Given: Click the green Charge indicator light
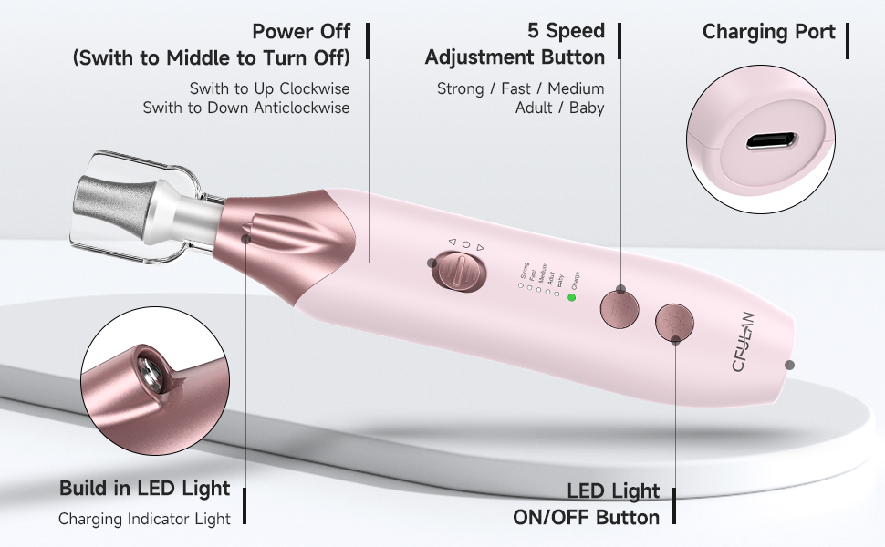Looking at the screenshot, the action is coord(571,297).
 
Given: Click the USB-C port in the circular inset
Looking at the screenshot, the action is coord(771,142).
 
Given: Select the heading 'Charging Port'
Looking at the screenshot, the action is coord(768,33).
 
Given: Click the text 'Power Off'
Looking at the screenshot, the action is coord(301,32).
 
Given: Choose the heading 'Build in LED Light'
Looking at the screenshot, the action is coord(144,489).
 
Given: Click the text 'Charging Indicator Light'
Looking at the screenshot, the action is coord(144,519).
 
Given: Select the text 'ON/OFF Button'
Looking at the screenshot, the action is coord(586,518).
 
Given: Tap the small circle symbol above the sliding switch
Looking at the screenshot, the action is coord(465,244).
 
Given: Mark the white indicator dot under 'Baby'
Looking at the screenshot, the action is coord(557,294).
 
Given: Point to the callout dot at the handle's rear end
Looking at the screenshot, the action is coord(789,364).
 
